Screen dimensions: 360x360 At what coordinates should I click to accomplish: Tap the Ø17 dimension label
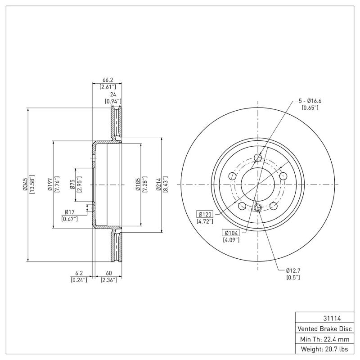[69, 212]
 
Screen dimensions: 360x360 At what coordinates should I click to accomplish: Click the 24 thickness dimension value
[113, 95]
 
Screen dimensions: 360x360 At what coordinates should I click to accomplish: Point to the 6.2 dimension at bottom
[79, 273]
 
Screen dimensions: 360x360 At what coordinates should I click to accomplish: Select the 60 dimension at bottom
[108, 273]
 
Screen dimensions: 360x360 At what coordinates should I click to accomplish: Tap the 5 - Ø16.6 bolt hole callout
[310, 101]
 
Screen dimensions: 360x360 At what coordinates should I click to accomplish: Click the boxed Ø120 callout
[205, 215]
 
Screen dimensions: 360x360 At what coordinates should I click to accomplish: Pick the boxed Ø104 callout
[231, 233]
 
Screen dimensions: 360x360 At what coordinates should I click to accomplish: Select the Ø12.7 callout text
[293, 270]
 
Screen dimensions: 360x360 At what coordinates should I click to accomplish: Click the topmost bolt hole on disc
[258, 157]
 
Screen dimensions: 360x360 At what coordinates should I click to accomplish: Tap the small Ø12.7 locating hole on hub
[258, 207]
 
